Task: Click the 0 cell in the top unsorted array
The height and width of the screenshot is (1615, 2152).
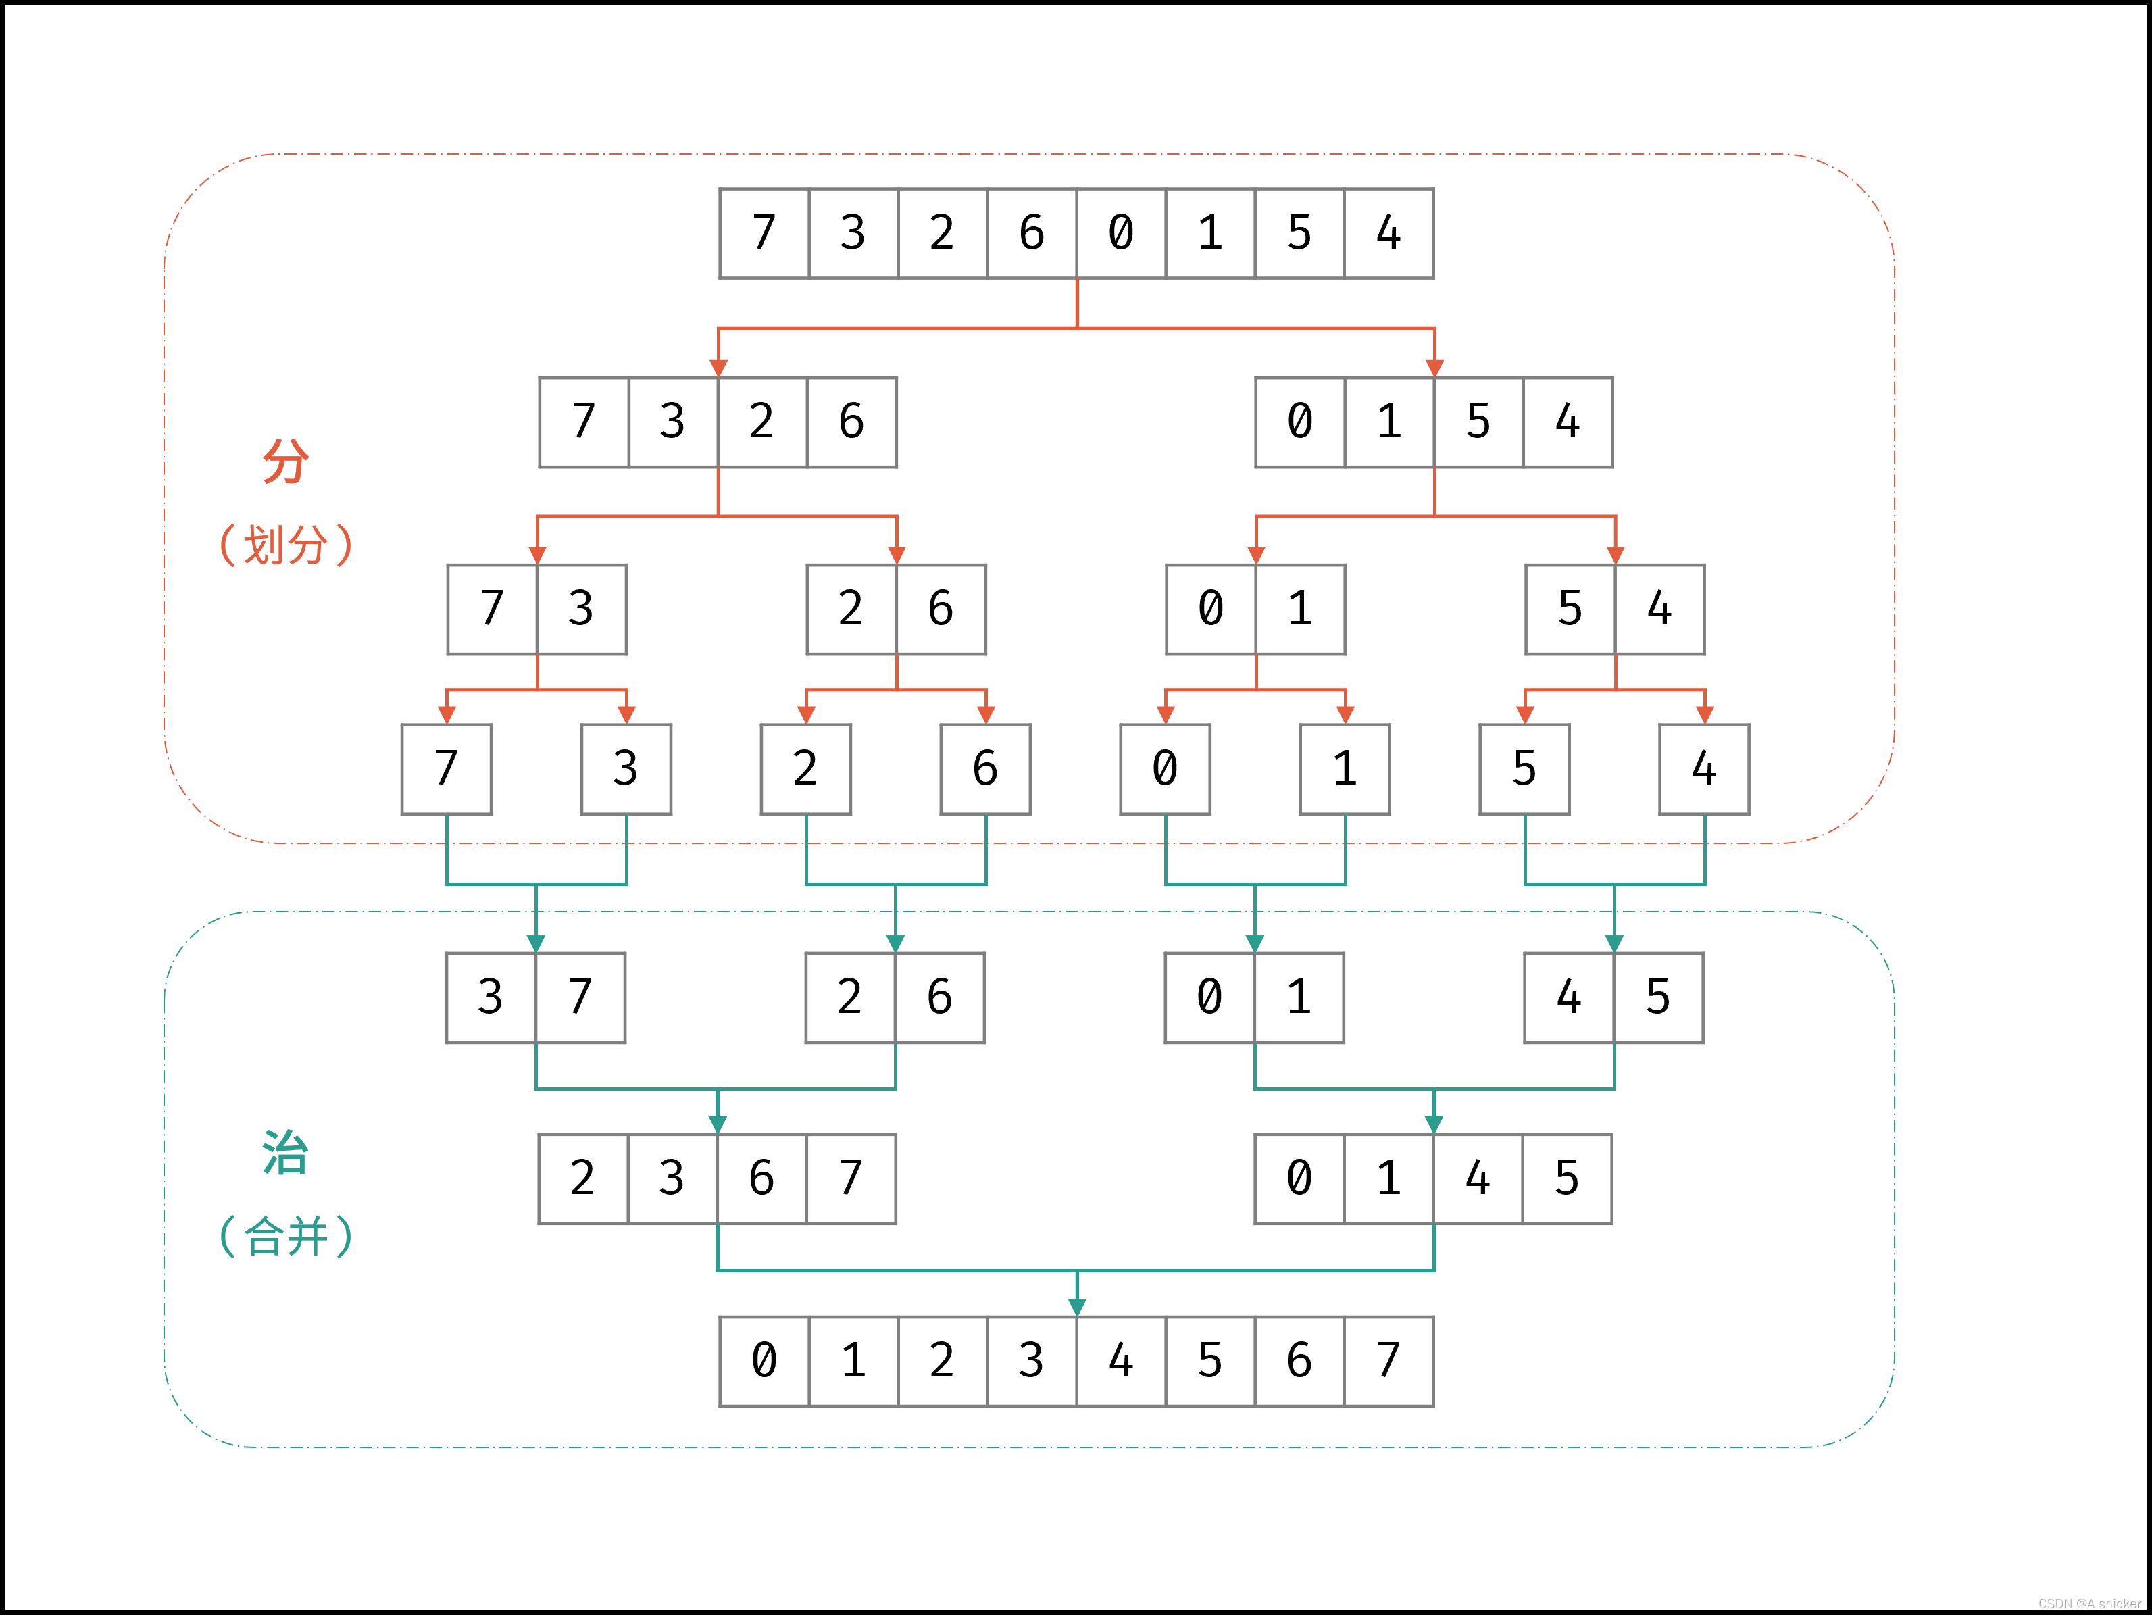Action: tap(1121, 234)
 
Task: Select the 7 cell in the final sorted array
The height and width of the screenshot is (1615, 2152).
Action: tap(1388, 1361)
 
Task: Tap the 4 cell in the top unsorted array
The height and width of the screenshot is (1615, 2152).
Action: tap(1388, 234)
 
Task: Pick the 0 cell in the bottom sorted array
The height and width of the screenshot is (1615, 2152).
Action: tap(765, 1361)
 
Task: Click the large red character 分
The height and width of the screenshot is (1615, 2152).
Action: tap(285, 460)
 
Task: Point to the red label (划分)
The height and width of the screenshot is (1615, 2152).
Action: tap(285, 545)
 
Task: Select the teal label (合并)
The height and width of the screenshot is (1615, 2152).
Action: tap(285, 1237)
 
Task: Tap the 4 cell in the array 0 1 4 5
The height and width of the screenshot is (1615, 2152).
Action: tap(1478, 1178)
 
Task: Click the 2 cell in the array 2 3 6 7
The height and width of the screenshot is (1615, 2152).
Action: tap(582, 1178)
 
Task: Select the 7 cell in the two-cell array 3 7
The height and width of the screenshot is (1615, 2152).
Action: tap(580, 997)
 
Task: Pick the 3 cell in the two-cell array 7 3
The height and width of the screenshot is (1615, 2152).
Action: tap(581, 609)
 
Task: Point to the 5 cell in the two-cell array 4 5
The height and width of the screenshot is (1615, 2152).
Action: tap(1658, 997)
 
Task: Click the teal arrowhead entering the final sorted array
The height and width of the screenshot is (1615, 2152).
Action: tap(1077, 1307)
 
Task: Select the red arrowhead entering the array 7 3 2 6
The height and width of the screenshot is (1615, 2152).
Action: tap(719, 368)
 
